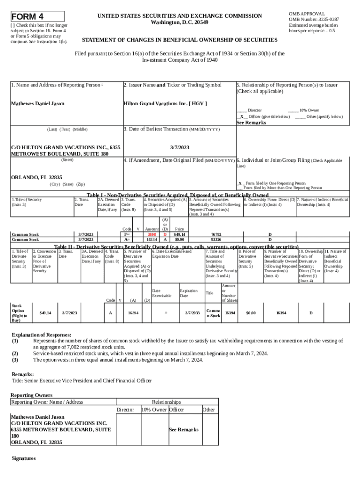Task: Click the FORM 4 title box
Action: (37, 16)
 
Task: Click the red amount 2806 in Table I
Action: (152, 234)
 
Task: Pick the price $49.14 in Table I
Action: (180, 234)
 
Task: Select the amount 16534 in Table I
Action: (152, 239)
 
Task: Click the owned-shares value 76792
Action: (216, 234)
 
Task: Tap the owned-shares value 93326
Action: (216, 239)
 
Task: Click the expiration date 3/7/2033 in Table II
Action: (192, 312)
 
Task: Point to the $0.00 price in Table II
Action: (251, 312)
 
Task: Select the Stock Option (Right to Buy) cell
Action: (20, 313)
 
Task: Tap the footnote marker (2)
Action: (15, 354)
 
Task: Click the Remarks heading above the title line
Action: (22, 374)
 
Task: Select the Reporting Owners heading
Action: (31, 395)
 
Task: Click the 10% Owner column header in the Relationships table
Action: (154, 410)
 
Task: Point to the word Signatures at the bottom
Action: (23, 458)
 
